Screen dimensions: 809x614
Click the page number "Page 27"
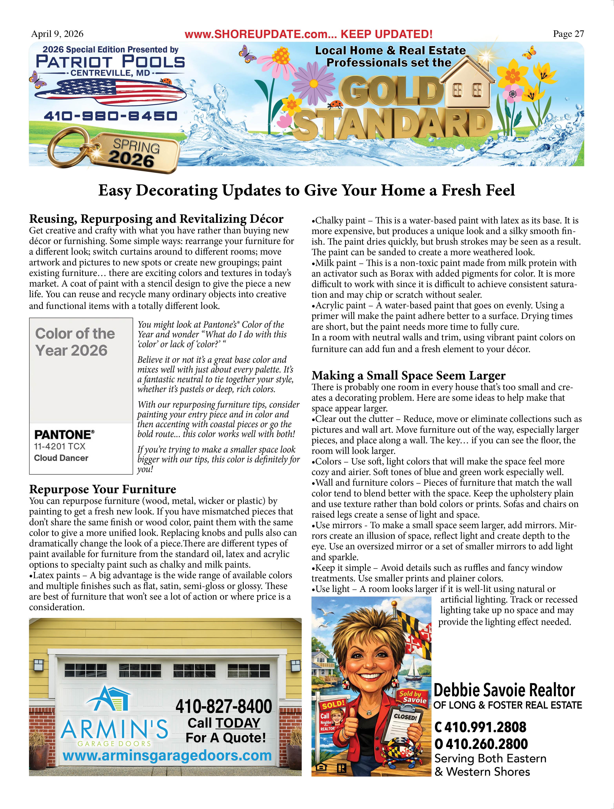tap(568, 34)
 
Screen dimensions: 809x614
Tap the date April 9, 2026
tap(57, 34)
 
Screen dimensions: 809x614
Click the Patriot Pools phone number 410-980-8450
tap(110, 116)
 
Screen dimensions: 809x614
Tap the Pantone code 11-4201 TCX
tap(60, 447)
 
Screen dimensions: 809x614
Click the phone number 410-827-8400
tap(224, 707)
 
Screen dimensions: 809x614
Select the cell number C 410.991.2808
tap(481, 727)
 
